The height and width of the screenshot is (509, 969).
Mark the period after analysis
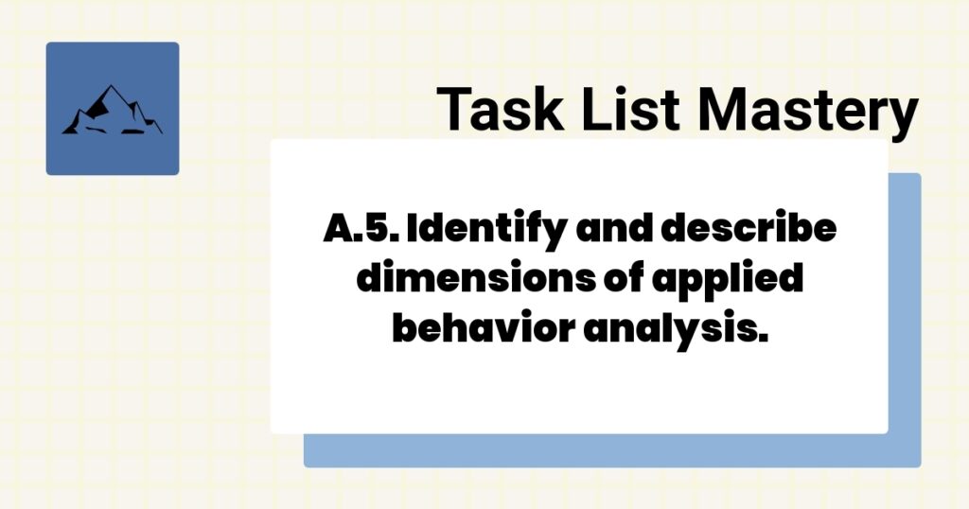(758, 340)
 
